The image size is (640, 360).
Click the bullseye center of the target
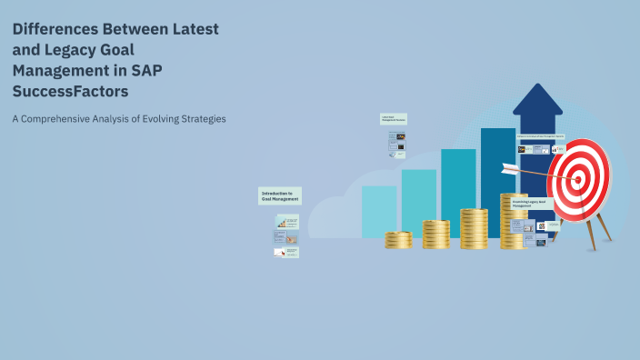(577, 179)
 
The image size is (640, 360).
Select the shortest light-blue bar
(378, 211)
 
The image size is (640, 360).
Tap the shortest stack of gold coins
(398, 239)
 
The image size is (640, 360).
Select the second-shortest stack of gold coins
(436, 235)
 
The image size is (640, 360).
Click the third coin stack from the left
(474, 229)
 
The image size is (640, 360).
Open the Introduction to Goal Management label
(278, 195)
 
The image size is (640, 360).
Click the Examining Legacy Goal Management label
(530, 204)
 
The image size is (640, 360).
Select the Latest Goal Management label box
(393, 119)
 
